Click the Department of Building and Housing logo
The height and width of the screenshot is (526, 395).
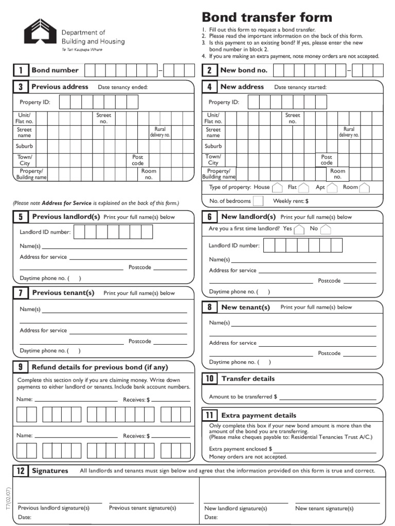pos(40,31)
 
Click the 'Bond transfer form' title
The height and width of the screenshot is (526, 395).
pos(266,17)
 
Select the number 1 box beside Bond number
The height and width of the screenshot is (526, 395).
pos(21,70)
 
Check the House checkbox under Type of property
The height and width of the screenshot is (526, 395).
pos(277,187)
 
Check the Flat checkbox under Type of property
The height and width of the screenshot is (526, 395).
pos(304,187)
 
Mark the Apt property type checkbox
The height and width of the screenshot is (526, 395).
pos(332,187)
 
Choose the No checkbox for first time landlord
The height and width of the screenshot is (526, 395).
pos(326,229)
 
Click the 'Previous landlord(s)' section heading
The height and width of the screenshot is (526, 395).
pos(66,217)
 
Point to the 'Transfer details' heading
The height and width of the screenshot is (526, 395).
pos(248,379)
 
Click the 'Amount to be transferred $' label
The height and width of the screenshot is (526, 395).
pos(243,397)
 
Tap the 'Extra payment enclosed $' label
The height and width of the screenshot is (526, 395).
pos(240,448)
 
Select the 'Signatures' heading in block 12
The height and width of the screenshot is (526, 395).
pos(50,471)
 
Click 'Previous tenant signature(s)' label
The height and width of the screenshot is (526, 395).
pos(142,508)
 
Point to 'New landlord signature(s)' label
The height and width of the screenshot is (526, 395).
pos(236,509)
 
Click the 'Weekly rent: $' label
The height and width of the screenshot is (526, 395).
pos(291,201)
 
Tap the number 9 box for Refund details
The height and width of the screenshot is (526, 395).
pos(21,367)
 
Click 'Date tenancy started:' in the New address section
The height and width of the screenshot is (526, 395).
pos(300,87)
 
